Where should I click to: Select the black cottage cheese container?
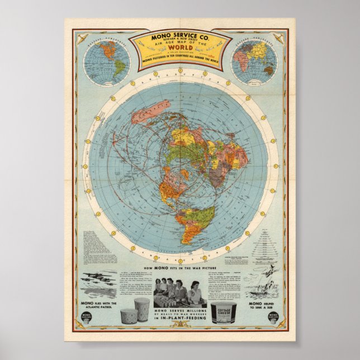click(x=224, y=313)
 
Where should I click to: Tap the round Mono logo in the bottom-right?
click(x=273, y=318)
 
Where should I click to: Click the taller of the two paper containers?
click(x=142, y=309)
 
